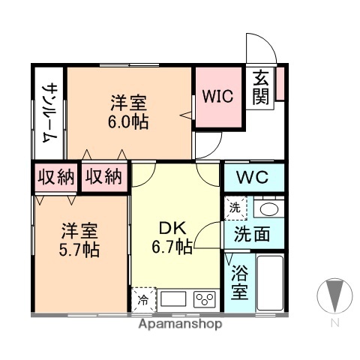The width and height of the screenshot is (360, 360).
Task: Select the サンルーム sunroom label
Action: pos(49,112)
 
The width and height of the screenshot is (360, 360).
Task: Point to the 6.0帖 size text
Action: pos(128,121)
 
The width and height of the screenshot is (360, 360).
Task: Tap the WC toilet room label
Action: pos(254,178)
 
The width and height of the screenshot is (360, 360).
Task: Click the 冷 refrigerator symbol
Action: pos(142,301)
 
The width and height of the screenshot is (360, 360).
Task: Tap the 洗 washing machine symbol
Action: pos(235,206)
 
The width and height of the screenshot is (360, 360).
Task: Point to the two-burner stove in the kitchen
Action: pos(204,300)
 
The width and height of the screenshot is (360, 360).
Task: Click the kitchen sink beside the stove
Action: pos(173,300)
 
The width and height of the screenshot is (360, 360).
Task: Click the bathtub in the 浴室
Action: pos(268,283)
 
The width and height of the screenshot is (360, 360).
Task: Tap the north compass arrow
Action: pos(334,294)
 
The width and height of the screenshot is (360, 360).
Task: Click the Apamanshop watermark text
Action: pos(179,325)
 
